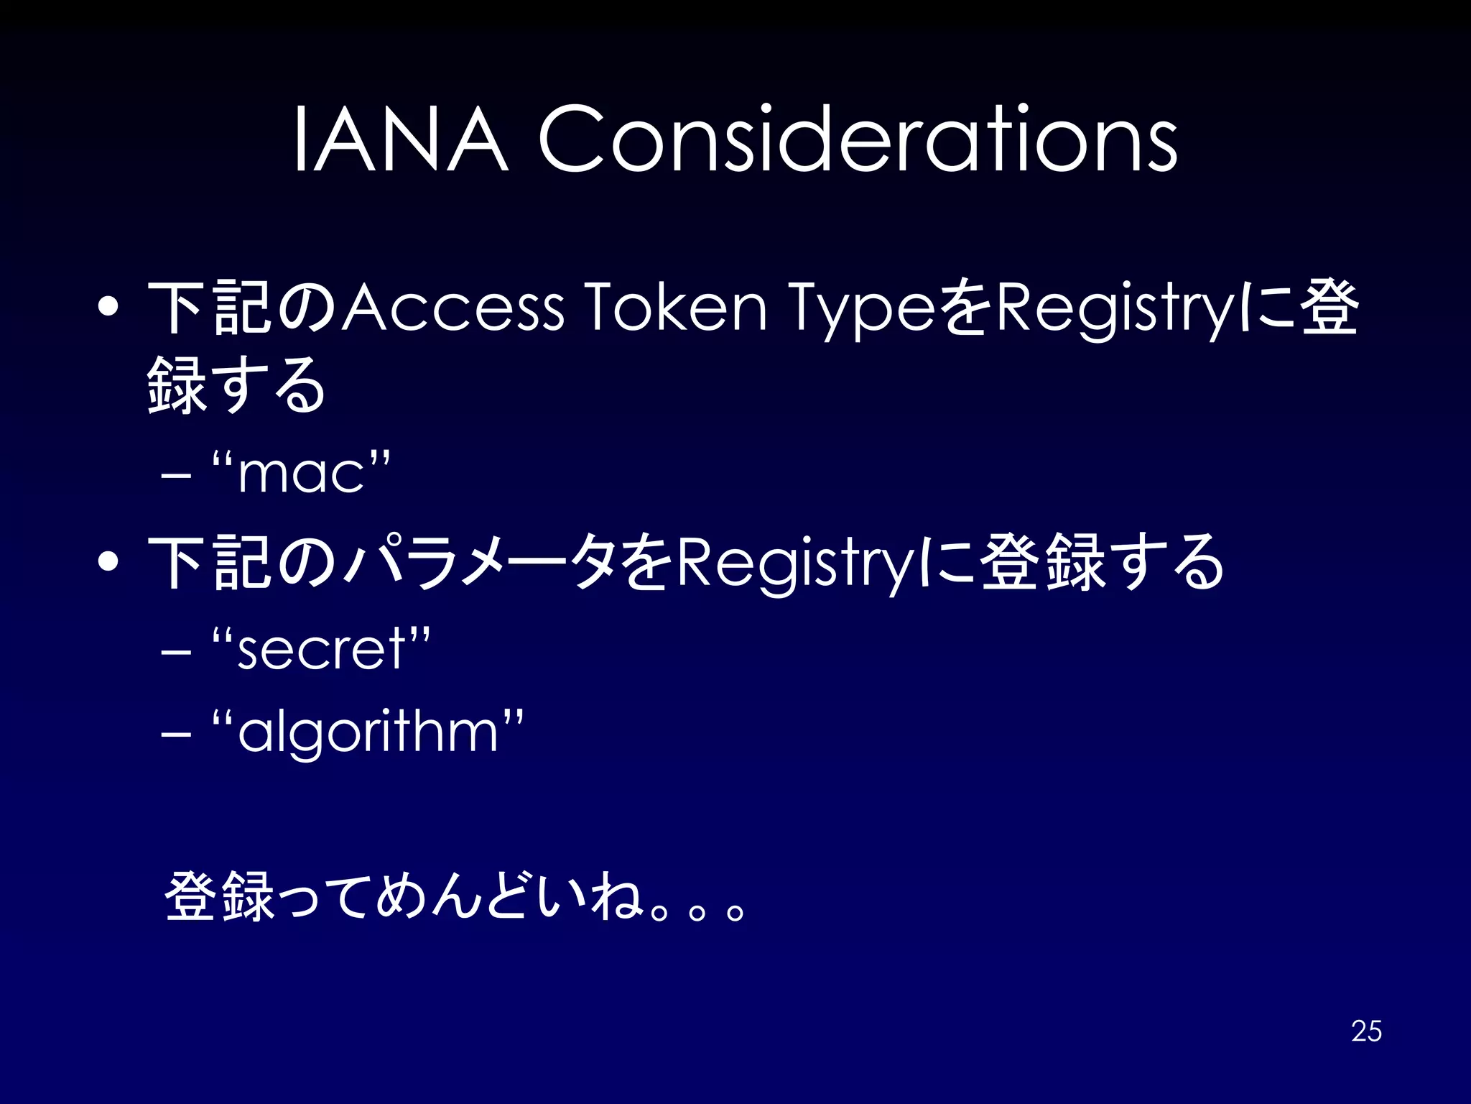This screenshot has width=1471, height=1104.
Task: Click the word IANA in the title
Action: (x=401, y=139)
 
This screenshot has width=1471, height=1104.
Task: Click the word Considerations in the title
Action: (x=858, y=139)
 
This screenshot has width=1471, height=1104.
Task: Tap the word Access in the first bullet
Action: (x=453, y=308)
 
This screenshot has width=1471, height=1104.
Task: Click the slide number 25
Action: (x=1366, y=1031)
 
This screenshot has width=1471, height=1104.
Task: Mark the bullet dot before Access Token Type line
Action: (x=109, y=308)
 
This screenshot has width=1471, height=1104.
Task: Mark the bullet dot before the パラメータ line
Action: (x=109, y=562)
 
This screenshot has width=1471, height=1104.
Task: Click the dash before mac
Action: (x=177, y=476)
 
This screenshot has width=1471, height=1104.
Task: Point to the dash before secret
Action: (x=177, y=652)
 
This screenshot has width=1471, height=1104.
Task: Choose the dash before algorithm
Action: (x=177, y=735)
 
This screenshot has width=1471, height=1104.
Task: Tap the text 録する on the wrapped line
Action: (x=237, y=385)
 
